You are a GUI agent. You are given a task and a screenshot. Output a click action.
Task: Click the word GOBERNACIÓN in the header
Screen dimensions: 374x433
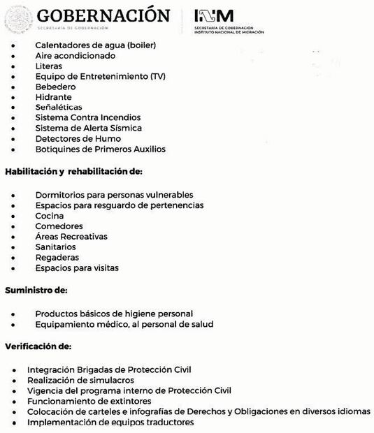(x=103, y=15)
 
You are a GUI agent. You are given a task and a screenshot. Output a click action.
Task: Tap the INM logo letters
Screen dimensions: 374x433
(x=213, y=15)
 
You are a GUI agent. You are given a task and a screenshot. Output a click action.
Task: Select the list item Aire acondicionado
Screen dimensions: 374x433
(x=75, y=55)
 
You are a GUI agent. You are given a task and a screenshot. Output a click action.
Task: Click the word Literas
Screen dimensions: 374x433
(x=49, y=66)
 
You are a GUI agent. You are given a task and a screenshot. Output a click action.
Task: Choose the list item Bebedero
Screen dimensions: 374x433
(x=55, y=87)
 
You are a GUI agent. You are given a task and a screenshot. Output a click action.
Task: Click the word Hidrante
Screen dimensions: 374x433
(x=53, y=97)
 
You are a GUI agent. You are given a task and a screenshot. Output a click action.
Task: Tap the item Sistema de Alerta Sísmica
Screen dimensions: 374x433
(x=88, y=128)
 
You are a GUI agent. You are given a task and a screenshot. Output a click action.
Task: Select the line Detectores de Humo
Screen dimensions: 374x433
(x=78, y=138)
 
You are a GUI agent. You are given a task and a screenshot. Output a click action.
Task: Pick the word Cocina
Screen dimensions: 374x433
(x=49, y=216)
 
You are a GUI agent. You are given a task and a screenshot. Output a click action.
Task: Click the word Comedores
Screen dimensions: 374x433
(x=59, y=226)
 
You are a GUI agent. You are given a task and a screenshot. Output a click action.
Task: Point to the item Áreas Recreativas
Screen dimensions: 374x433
(x=71, y=237)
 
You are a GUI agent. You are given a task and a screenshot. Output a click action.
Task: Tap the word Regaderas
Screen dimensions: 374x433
(x=57, y=258)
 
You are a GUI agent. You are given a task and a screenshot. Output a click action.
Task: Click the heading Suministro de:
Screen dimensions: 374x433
(x=36, y=291)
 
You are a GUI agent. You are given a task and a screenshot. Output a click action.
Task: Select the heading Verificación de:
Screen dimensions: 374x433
(x=38, y=346)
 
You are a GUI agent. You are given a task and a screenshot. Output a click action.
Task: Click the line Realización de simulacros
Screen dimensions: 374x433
(x=80, y=380)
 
